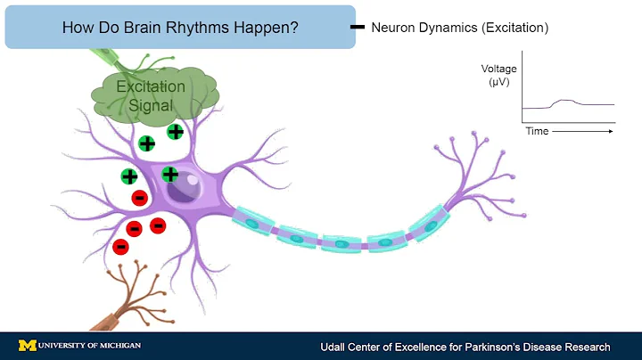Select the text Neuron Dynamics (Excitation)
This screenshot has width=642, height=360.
[459, 28]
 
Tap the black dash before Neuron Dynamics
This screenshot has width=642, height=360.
[358, 27]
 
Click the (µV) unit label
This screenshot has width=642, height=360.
[499, 83]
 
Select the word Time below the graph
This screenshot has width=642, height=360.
[537, 131]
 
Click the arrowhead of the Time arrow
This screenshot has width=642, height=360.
[611, 131]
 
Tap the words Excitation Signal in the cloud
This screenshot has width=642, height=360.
[150, 95]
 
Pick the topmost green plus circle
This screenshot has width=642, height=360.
[176, 132]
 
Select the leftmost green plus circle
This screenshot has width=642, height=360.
[129, 176]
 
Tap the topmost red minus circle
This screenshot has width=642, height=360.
[139, 197]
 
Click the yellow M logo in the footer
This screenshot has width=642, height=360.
[27, 346]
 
